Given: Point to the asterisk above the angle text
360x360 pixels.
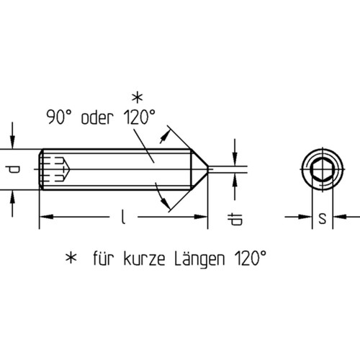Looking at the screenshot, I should coord(135,96).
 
